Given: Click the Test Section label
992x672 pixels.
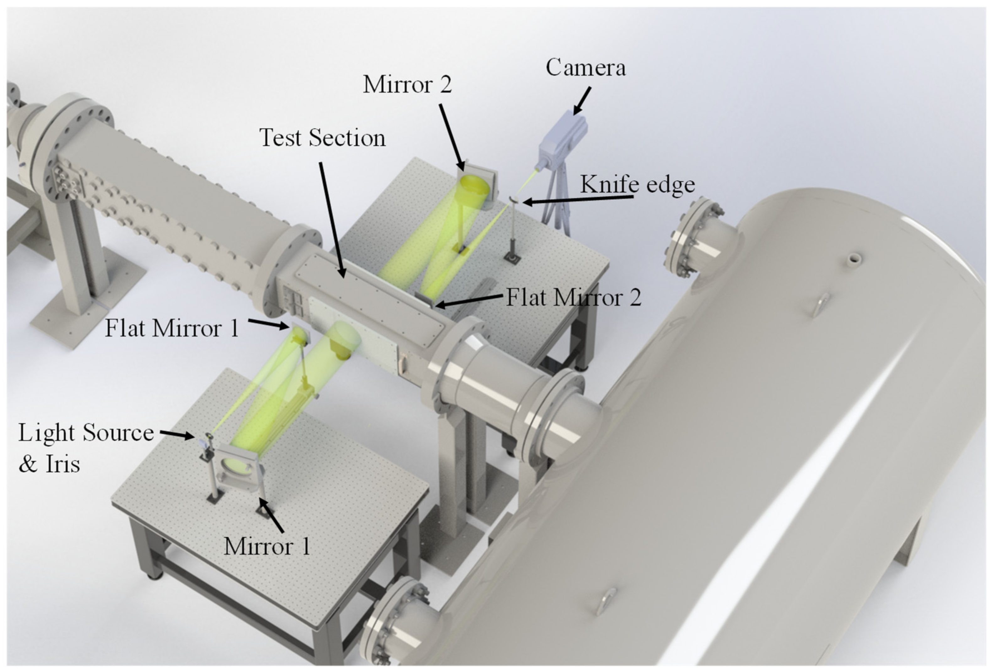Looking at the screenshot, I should click(x=322, y=138).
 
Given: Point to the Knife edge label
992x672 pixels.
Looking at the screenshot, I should click(x=637, y=184).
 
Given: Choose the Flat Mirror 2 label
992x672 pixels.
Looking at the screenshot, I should click(x=573, y=297).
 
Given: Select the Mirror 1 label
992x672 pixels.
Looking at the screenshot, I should click(x=267, y=546).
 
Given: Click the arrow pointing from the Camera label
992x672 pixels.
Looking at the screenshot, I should click(x=582, y=101).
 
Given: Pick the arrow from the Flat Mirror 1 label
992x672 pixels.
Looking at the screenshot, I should click(x=268, y=324).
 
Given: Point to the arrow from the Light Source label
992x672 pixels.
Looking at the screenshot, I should click(x=177, y=434).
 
